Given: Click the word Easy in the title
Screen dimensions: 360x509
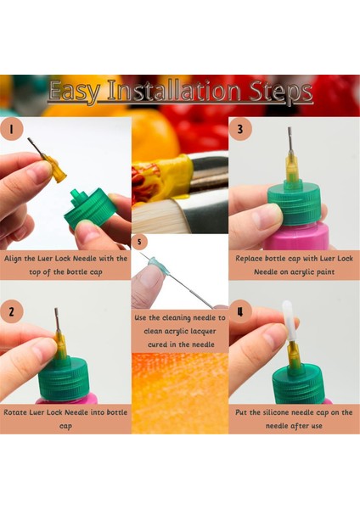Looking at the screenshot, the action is (x=75, y=92).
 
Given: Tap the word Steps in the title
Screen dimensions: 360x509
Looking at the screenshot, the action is (x=281, y=92).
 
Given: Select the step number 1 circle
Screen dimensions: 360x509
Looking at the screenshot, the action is (x=12, y=129).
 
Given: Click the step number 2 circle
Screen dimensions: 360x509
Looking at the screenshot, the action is (x=12, y=312).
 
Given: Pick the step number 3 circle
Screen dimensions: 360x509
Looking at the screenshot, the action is (x=240, y=129).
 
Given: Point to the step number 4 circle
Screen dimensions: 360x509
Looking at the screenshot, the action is (x=240, y=312).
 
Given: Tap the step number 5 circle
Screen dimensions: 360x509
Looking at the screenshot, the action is (x=139, y=242).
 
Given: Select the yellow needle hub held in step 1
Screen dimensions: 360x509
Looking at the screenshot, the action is (x=54, y=169).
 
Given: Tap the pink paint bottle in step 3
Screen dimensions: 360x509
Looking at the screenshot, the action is (x=295, y=237).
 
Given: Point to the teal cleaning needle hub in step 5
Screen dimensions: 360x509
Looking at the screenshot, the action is (x=158, y=265).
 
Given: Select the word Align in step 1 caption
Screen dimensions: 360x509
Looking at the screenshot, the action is (x=13, y=259).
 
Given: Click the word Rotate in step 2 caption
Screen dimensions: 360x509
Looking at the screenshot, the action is (x=15, y=412).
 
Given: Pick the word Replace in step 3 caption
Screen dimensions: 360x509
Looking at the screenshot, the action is (x=249, y=259).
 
